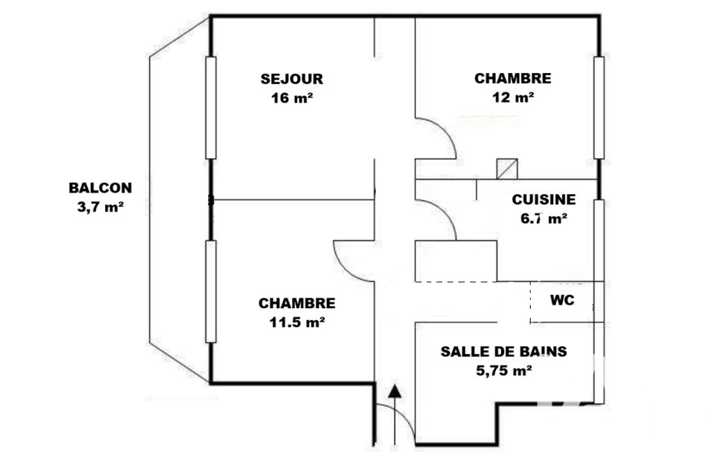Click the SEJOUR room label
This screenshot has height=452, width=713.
(x=291, y=79)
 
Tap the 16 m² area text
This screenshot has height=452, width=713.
(x=291, y=98)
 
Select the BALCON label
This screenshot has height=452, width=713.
(x=100, y=188)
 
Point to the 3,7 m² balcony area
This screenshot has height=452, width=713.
(x=100, y=207)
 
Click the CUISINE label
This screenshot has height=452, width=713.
(x=543, y=199)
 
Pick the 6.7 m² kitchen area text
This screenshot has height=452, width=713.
(x=543, y=219)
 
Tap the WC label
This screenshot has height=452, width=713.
(x=562, y=300)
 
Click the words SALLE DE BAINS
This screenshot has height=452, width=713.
(x=504, y=351)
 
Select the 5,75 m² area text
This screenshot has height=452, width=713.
(x=504, y=371)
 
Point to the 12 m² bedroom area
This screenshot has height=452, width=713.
(x=513, y=97)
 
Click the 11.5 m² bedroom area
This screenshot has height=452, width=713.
(x=297, y=323)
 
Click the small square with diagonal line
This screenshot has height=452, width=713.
(x=507, y=169)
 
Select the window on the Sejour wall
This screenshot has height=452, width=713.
(x=211, y=108)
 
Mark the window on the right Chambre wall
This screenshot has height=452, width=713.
(x=599, y=108)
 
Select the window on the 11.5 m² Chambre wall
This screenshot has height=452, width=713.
(x=211, y=291)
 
